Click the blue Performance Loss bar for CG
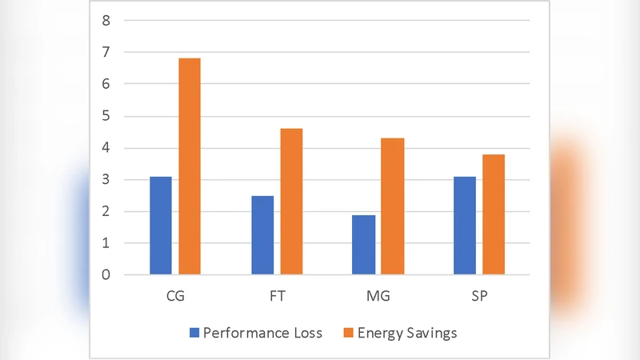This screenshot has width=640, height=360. [x=160, y=226]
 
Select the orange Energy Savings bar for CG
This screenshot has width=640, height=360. [x=189, y=166]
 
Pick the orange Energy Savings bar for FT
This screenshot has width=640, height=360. [x=291, y=202]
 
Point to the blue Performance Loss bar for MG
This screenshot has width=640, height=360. [x=363, y=245]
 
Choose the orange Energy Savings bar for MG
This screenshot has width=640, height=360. [x=392, y=206]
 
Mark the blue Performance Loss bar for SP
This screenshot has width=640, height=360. [x=464, y=226]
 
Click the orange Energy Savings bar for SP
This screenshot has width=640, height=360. [x=493, y=214]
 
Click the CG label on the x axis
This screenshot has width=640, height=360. [x=174, y=296]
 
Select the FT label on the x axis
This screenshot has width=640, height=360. [x=276, y=296]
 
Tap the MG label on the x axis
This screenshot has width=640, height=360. [x=378, y=296]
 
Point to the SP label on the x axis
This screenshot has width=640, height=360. [x=478, y=296]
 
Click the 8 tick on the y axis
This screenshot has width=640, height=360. [x=106, y=20]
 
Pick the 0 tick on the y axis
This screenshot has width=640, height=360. [x=106, y=275]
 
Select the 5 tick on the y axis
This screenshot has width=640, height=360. [x=106, y=116]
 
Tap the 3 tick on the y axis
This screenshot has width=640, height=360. [x=106, y=180]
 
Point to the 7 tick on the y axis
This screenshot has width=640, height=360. [x=106, y=52]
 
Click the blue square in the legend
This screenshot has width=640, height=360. [x=193, y=332]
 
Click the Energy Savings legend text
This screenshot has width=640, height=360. [x=409, y=332]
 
